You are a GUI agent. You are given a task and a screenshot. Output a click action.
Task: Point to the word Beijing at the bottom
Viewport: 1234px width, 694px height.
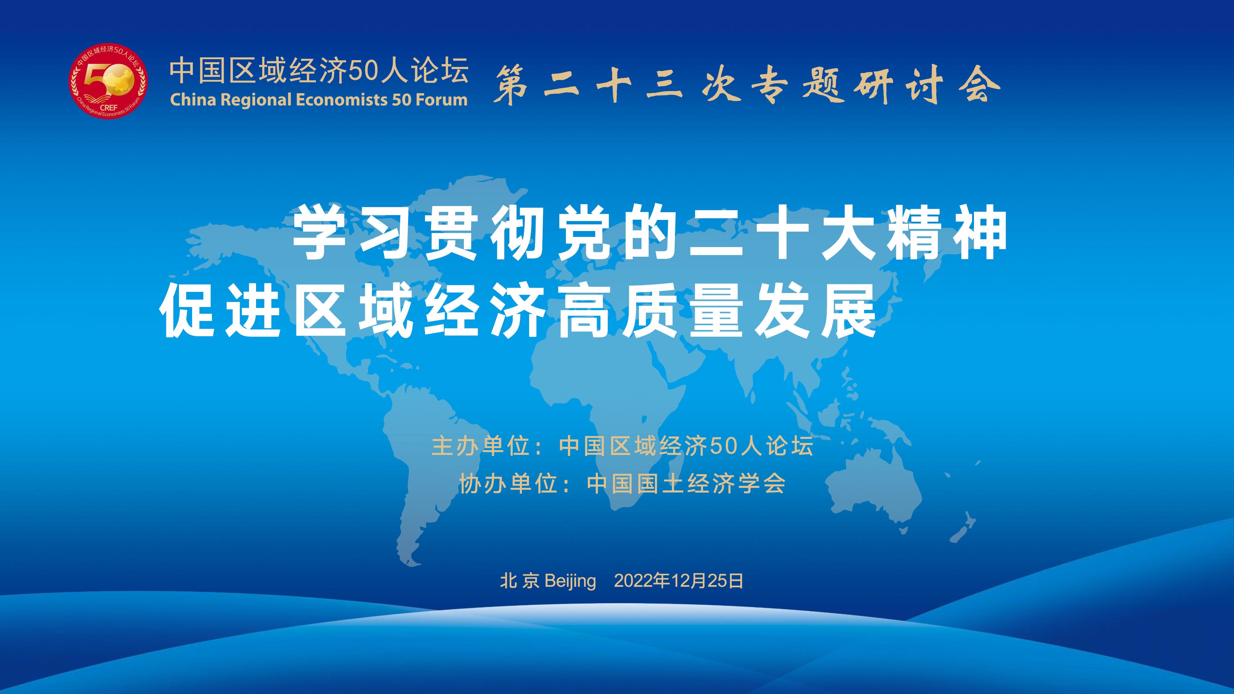570,581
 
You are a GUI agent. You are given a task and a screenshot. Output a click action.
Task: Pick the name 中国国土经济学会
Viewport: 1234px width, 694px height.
686,483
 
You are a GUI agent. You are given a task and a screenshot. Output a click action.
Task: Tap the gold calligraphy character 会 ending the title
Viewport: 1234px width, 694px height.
982,85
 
